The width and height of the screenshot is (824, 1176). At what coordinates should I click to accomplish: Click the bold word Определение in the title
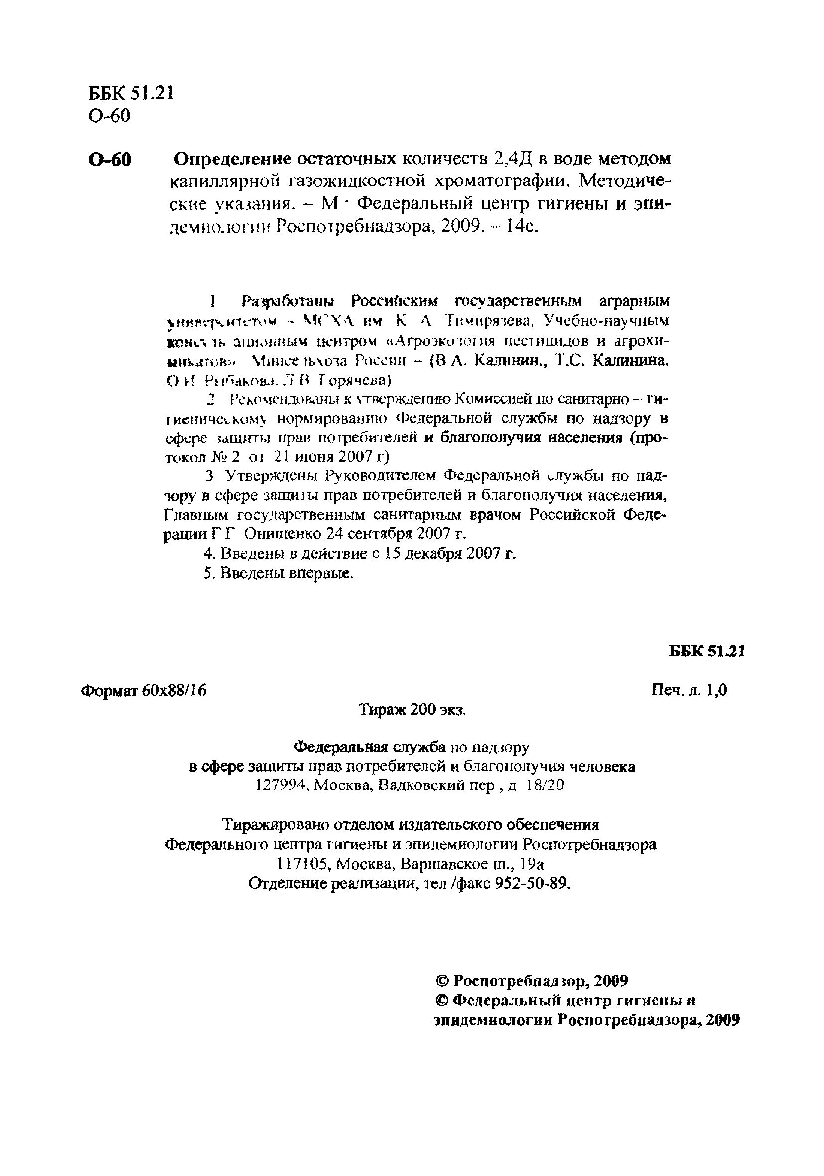tap(233, 160)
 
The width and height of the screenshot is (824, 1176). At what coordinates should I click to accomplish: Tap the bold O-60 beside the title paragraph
tap(109, 160)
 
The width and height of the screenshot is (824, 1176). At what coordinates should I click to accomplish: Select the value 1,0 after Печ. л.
tap(716, 691)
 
